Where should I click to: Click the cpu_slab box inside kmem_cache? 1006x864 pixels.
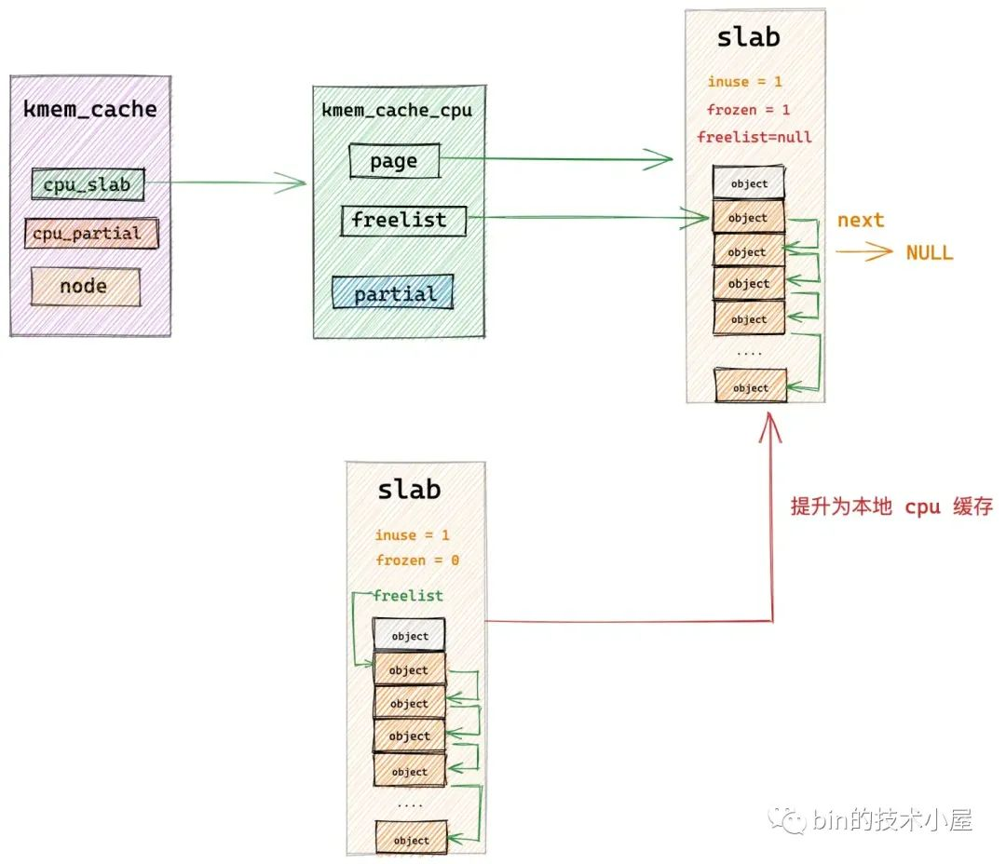point(88,184)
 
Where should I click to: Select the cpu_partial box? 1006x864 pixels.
point(91,234)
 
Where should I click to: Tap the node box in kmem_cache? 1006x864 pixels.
point(85,287)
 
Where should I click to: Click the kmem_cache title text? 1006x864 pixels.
point(89,110)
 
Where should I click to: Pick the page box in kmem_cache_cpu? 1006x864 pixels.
point(394,161)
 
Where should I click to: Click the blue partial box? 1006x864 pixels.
point(393,293)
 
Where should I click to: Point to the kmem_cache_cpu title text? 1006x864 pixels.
point(397,111)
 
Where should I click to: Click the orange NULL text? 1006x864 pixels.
point(929,252)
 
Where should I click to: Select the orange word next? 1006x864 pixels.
point(860,221)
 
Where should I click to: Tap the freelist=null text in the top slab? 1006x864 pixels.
point(754,137)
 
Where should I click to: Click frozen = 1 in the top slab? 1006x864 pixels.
point(748,110)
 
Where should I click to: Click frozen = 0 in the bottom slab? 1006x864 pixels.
point(417,560)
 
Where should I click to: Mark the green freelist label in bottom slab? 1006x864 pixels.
point(408,596)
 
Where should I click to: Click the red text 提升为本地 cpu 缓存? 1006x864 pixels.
point(891,508)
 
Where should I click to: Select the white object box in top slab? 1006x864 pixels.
point(749,184)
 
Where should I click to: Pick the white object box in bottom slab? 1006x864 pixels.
point(409,636)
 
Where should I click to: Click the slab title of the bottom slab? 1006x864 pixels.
point(409,490)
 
